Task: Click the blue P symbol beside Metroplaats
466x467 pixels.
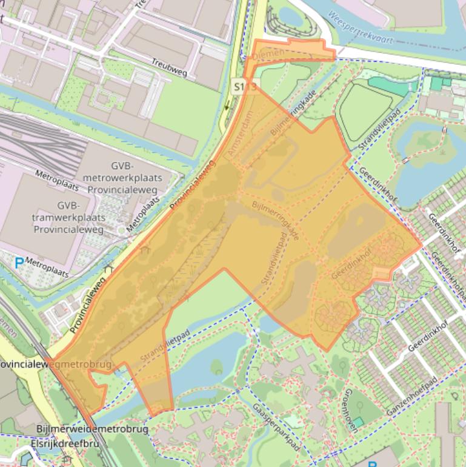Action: coord(19,264)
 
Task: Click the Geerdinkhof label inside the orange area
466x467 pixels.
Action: coord(351,266)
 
